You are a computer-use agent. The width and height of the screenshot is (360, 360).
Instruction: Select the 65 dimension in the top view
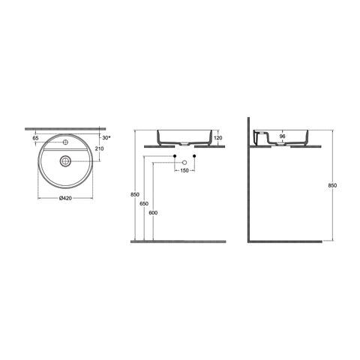click(x=36, y=139)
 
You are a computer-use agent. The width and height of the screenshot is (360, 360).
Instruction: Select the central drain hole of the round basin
click(x=66, y=160)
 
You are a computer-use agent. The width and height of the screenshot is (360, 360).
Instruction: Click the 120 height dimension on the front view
click(x=218, y=139)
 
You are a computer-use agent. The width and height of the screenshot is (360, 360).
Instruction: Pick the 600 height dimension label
click(x=154, y=212)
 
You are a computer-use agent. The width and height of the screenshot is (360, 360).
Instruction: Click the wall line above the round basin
click(x=66, y=127)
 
